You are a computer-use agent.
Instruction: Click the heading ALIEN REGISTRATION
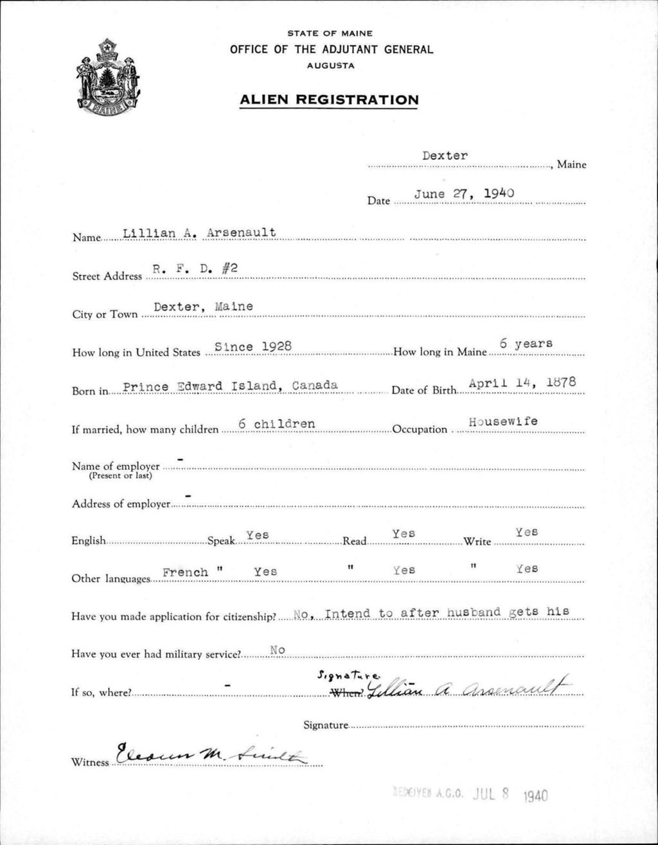(328, 100)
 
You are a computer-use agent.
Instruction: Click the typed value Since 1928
(253, 346)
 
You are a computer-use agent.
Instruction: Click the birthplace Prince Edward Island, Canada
(230, 386)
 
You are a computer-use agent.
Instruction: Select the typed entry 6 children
(276, 424)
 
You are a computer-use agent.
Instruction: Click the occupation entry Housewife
(503, 422)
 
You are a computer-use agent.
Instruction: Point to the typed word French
(185, 572)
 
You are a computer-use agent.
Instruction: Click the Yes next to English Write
(526, 532)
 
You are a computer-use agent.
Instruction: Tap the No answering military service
(278, 650)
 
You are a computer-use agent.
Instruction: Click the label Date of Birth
(423, 390)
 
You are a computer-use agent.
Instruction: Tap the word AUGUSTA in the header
(331, 65)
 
